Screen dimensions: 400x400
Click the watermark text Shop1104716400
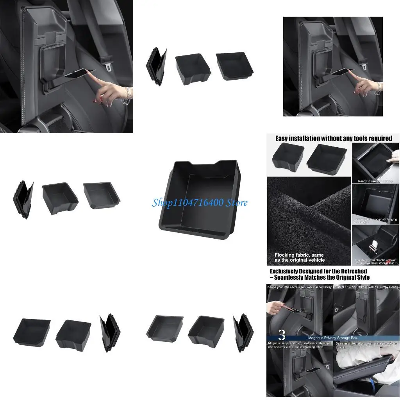[x=187, y=203]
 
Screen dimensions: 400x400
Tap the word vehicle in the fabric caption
[x=315, y=260]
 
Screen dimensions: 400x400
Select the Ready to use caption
[x=375, y=181]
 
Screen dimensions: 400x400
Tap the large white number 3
[x=282, y=335]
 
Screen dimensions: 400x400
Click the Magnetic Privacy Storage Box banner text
[x=333, y=337]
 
